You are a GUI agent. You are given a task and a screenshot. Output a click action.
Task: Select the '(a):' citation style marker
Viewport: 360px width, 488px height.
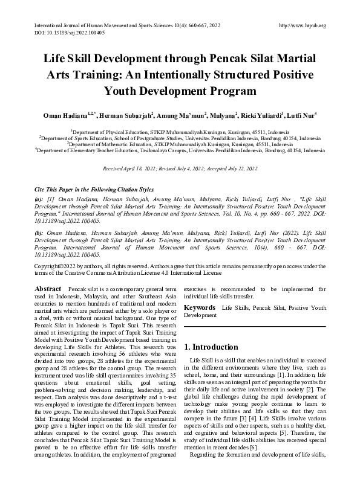(39, 199)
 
